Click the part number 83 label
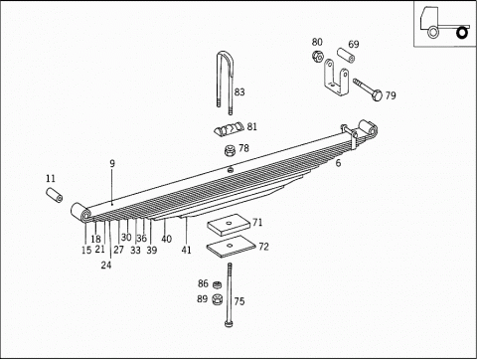pos(238,91)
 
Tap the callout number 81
pos(251,127)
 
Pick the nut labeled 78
pos(228,151)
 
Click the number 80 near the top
pos(317,42)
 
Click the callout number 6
pos(338,162)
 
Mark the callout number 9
pos(112,163)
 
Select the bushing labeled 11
pos(55,192)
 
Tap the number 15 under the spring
pos(86,250)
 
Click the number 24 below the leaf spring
pos(106,266)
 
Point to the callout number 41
pos(186,250)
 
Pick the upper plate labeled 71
pos(230,224)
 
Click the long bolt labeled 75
pos(230,293)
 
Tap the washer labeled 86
pos(217,284)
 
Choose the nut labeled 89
pos(217,300)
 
